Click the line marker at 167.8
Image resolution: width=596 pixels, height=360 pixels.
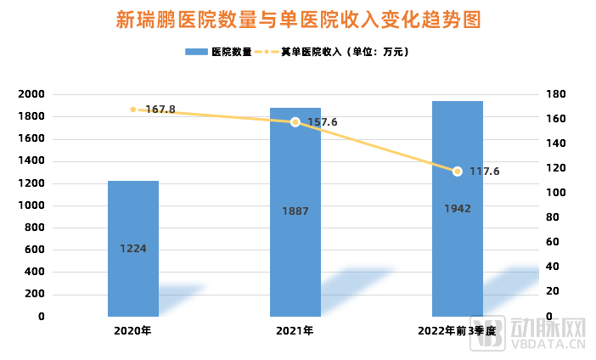tap(133, 110)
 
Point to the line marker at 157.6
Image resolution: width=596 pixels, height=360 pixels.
tap(295, 122)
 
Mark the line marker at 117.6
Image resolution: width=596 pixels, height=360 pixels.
tap(458, 172)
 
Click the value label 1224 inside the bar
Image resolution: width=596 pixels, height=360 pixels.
tap(133, 249)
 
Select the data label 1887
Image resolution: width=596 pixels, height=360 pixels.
tap(295, 211)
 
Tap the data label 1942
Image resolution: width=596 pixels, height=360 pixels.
tap(458, 208)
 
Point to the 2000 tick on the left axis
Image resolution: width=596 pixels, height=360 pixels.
tap(31, 94)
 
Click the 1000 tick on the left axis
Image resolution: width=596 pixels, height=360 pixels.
tap(31, 205)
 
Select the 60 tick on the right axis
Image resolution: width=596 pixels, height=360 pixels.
tap(552, 242)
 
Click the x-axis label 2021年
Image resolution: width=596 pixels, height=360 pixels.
tap(295, 331)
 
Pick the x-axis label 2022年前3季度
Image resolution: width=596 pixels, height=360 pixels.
tap(457, 331)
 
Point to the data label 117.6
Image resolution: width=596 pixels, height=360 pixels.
tap(485, 172)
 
